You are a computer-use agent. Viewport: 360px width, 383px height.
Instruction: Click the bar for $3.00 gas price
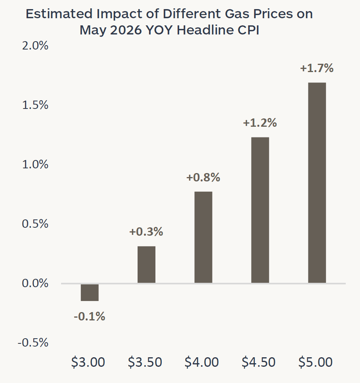click(x=90, y=292)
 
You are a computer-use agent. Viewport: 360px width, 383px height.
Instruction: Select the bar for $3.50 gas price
click(x=146, y=264)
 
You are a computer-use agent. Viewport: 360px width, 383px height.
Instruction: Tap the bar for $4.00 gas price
click(x=203, y=237)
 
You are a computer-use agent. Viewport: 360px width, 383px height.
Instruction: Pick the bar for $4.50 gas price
click(x=260, y=210)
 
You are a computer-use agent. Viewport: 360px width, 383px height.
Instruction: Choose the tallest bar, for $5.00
click(x=317, y=183)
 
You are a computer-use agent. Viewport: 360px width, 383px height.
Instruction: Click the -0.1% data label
click(x=90, y=316)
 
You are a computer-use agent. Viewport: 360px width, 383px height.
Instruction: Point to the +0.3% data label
click(x=146, y=232)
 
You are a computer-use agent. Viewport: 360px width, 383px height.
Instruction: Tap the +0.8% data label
click(x=203, y=177)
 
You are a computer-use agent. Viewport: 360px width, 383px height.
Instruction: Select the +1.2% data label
click(x=260, y=123)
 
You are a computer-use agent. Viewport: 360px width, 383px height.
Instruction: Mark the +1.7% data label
click(x=317, y=68)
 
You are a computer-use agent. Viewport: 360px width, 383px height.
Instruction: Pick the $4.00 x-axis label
click(x=202, y=362)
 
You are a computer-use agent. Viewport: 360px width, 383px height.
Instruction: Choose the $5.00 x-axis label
click(x=316, y=362)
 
